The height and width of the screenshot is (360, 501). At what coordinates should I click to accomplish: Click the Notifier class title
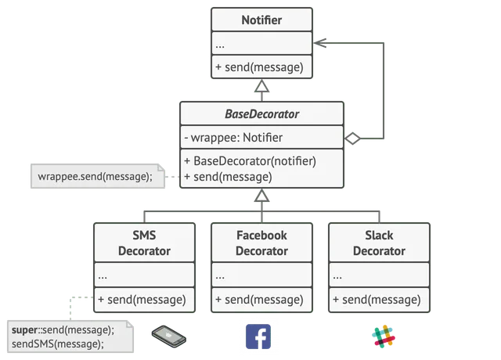coord(261,20)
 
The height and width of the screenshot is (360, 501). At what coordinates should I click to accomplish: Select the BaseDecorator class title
coord(261,114)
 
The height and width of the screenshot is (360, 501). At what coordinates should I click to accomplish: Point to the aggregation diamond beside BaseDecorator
coord(352,139)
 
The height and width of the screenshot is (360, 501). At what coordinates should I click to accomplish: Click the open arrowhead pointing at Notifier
coord(320,43)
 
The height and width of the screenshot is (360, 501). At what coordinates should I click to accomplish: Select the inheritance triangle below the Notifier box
coord(261,85)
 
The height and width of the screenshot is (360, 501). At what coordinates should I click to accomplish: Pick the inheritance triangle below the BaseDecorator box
coord(261,195)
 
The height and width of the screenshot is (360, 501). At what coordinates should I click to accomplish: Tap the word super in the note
coord(24,329)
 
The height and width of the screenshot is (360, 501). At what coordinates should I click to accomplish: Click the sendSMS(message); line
coord(58,344)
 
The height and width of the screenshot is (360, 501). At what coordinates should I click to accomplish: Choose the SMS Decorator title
coord(144,243)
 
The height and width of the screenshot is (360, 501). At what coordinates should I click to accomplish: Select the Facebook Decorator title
coord(261,243)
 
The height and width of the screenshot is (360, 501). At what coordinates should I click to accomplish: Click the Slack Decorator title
coord(379,243)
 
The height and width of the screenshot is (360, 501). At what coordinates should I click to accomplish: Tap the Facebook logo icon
coord(258,337)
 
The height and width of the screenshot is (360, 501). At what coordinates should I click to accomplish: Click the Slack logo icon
coord(384,337)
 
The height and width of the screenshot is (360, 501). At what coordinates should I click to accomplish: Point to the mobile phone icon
coord(169,337)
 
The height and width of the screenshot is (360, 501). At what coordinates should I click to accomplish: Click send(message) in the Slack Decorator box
coord(377,300)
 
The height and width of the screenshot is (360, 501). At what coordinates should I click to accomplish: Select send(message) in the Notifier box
coord(259,67)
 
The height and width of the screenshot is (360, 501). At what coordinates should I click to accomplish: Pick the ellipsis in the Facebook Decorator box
coord(220,277)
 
